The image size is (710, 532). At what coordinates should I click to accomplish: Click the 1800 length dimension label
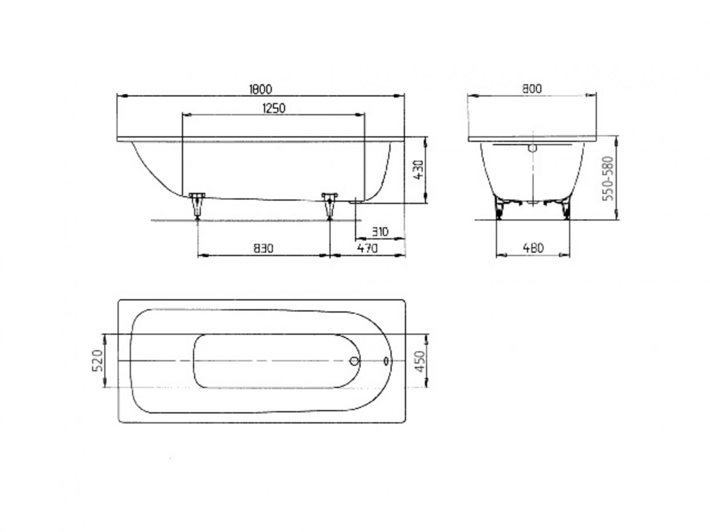tap(260, 89)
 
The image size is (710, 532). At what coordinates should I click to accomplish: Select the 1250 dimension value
tap(273, 108)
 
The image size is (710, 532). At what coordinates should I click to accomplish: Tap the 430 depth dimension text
tap(419, 170)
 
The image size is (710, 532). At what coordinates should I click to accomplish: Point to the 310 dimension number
tap(380, 232)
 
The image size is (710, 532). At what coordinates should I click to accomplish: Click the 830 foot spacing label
tap(264, 248)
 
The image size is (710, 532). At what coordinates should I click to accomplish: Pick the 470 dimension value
tap(367, 248)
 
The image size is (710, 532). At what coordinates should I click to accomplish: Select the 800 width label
tap(532, 89)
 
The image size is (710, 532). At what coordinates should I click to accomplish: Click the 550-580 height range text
tap(608, 179)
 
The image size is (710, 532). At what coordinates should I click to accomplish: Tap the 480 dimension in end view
tap(533, 248)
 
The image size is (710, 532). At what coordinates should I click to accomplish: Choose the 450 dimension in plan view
tap(420, 361)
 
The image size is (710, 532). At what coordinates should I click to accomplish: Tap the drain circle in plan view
tap(354, 361)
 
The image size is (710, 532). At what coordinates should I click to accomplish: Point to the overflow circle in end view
tap(532, 148)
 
